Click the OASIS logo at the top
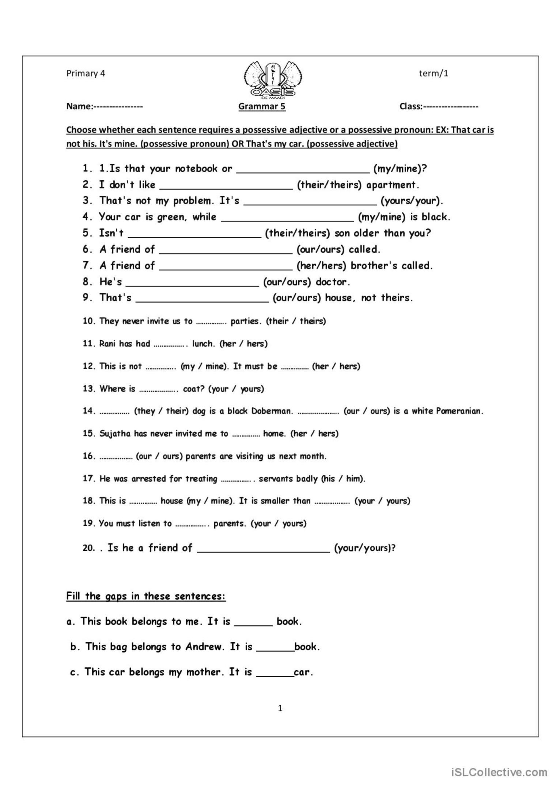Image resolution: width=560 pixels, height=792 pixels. pyautogui.click(x=274, y=80)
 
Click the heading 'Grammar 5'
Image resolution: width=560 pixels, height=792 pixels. pyautogui.click(x=262, y=106)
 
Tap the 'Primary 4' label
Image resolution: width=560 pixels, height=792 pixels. pyautogui.click(x=86, y=73)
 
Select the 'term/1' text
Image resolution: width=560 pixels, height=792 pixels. pyautogui.click(x=434, y=73)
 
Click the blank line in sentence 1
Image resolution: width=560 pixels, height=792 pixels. pyautogui.click(x=303, y=169)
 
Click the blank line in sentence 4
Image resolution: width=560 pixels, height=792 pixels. pyautogui.click(x=288, y=217)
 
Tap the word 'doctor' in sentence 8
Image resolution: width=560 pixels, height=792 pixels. pyautogui.click(x=333, y=282)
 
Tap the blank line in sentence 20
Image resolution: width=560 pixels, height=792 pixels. pyautogui.click(x=264, y=548)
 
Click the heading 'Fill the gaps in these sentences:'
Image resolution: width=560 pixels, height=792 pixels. pyautogui.click(x=146, y=596)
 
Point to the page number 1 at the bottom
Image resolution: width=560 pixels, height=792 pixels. pyautogui.click(x=280, y=708)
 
